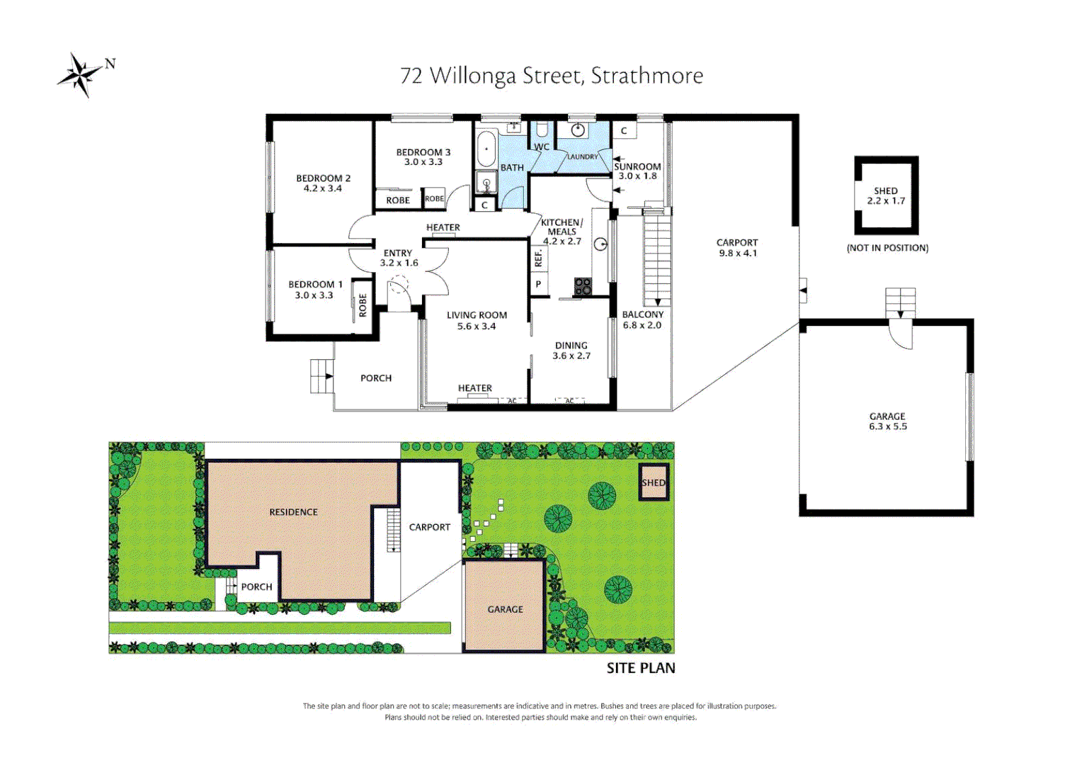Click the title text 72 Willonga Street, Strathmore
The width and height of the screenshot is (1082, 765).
(551, 76)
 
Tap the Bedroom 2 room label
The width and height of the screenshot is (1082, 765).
(323, 178)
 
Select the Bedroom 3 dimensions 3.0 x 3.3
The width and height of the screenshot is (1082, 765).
(423, 162)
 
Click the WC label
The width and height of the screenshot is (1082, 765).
(541, 147)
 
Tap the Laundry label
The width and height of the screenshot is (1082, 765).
(582, 157)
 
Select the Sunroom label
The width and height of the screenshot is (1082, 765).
(637, 166)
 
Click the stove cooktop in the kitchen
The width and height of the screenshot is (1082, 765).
(582, 286)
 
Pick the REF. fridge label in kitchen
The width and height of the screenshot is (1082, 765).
(538, 259)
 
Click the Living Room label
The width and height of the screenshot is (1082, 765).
(477, 315)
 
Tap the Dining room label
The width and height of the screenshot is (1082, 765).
(571, 346)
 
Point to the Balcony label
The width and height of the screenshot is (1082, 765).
(642, 314)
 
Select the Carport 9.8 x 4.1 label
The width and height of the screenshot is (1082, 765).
(736, 247)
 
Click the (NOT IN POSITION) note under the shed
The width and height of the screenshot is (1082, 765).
(887, 248)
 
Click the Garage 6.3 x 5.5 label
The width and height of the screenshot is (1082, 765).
(887, 421)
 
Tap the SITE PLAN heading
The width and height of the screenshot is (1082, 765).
(640, 668)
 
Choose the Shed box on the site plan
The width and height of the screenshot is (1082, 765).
(653, 482)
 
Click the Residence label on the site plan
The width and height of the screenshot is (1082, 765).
(293, 512)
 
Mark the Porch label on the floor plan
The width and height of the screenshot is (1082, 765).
(375, 378)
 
